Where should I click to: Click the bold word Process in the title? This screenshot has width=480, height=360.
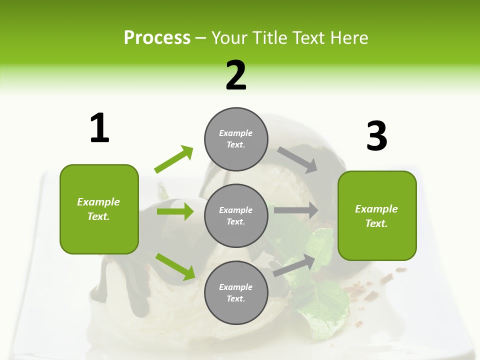tap(157, 38)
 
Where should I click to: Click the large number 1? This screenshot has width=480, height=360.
tap(99, 128)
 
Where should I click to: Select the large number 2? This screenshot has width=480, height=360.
tap(236, 75)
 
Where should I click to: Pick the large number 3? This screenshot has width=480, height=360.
tap(376, 136)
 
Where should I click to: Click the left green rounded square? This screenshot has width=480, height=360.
tap(99, 209)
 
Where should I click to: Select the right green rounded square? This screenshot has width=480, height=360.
tap(377, 215)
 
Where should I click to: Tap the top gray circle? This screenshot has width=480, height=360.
tap(236, 139)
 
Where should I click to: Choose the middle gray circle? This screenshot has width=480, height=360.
tap(236, 215)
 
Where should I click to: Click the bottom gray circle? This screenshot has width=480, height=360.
tap(236, 292)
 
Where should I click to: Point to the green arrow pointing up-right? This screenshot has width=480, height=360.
tap(173, 159)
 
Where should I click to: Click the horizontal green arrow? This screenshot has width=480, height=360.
tap(175, 211)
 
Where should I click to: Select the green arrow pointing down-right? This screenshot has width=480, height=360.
tap(175, 266)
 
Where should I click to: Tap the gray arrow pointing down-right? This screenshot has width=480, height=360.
tap(297, 160)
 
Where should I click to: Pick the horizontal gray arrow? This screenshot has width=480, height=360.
tap(296, 210)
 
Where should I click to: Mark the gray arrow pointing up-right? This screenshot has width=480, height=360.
tap(294, 265)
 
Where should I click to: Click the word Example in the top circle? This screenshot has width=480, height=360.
tap(235, 133)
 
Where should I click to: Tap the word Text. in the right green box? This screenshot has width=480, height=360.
tap(376, 223)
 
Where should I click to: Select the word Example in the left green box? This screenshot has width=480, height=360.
tap(98, 202)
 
